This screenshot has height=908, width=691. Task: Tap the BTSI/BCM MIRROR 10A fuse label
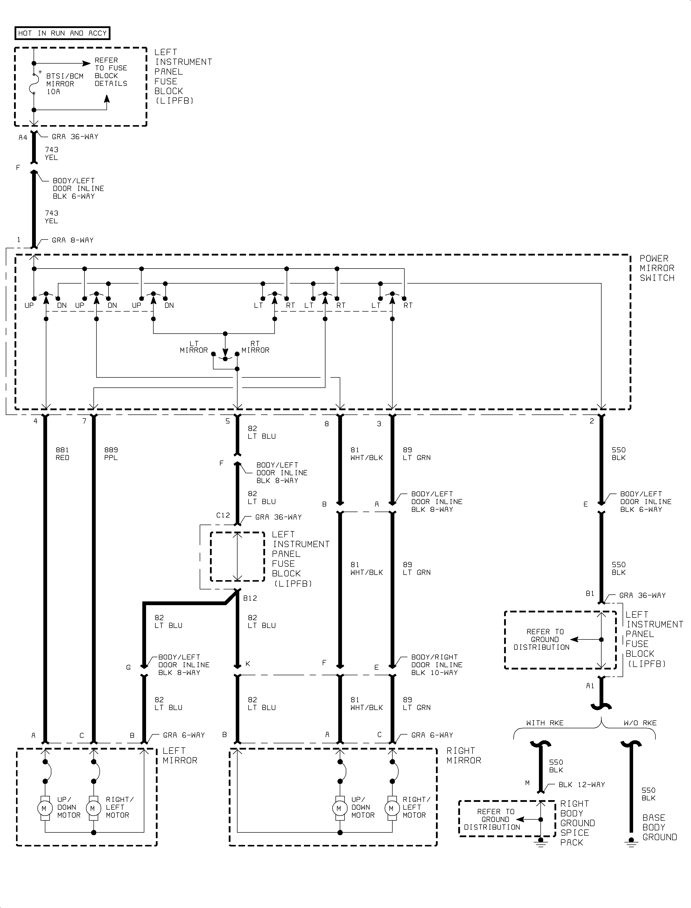[65, 84]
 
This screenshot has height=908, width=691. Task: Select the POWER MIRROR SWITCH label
[657, 268]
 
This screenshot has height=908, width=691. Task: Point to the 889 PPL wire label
[111, 453]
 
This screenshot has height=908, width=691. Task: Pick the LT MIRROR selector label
[194, 347]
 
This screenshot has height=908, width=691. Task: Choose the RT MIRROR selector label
[255, 347]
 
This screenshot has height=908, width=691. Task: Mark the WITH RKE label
[545, 723]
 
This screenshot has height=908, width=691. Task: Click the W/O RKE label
[640, 723]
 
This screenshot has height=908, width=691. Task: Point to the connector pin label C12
[223, 515]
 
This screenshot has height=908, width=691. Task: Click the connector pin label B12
[250, 598]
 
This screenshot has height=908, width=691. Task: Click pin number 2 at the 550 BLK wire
[592, 421]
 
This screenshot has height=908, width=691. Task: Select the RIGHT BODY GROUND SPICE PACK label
[577, 823]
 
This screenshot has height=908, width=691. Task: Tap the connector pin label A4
[23, 138]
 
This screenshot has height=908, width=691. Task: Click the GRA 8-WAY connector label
[72, 240]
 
